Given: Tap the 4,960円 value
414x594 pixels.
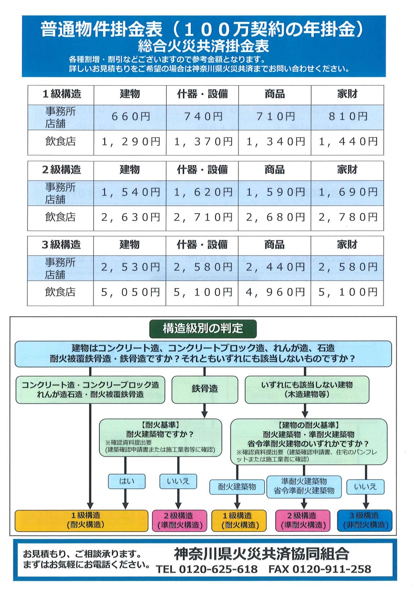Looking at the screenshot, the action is (275, 292).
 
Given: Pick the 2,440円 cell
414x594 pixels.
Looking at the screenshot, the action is (275, 267).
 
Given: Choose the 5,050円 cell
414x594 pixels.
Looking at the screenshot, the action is (130, 292).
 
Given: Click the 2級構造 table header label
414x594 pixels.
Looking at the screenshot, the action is (61, 170).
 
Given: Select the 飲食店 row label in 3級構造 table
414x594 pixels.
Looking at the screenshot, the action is (60, 292).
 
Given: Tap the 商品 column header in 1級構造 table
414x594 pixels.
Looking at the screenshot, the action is (275, 94).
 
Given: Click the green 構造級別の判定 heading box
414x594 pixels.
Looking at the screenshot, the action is (203, 329).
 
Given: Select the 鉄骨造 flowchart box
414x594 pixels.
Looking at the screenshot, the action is (205, 389).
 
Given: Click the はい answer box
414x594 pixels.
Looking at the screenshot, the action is (127, 481).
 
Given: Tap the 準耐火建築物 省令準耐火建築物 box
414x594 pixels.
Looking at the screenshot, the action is (304, 486).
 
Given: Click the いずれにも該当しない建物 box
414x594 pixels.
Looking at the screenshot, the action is (307, 389).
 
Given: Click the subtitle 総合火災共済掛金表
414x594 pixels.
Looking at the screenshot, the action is (204, 46).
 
